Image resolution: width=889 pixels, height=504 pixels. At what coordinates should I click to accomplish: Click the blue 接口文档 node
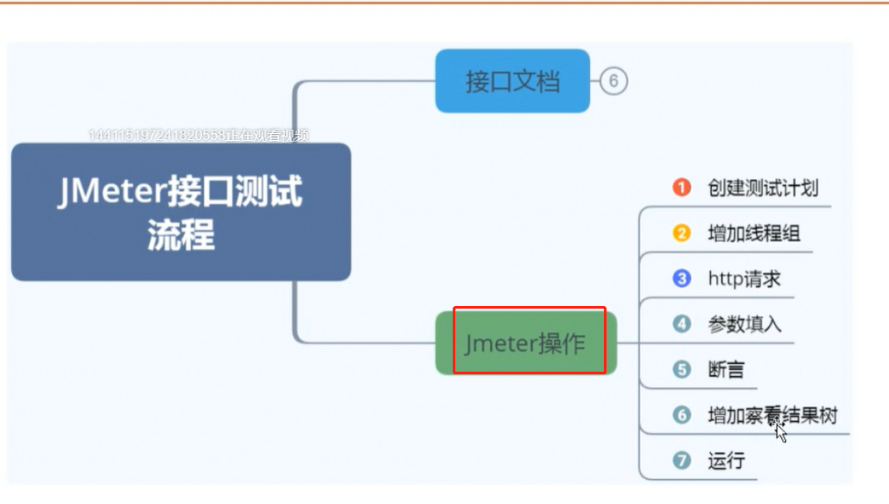click(512, 81)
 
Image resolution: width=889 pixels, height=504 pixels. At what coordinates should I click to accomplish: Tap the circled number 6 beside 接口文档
click(613, 81)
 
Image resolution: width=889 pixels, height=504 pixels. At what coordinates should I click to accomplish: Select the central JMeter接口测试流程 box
click(181, 212)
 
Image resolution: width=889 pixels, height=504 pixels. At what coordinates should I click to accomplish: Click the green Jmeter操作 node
click(526, 343)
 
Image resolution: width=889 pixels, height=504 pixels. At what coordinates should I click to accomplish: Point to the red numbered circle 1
click(683, 188)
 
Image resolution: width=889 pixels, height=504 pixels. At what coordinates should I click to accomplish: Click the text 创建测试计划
click(763, 188)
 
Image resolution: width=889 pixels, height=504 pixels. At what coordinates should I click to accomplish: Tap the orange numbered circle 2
click(683, 233)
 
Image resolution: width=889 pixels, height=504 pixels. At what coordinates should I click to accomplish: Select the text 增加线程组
click(748, 233)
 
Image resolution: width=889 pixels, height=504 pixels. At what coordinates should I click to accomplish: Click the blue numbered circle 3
click(683, 279)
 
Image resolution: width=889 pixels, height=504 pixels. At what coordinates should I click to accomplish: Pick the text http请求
click(744, 279)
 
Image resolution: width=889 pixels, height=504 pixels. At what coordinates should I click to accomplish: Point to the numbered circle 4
click(683, 324)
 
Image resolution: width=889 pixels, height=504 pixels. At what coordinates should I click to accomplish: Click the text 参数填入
click(744, 324)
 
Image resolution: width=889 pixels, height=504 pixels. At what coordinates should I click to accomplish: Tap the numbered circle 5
click(683, 370)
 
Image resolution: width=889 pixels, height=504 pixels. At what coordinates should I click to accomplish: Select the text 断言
click(726, 370)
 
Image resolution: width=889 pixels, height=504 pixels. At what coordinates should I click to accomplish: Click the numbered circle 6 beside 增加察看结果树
click(683, 415)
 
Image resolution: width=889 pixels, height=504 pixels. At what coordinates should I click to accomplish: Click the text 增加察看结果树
click(772, 415)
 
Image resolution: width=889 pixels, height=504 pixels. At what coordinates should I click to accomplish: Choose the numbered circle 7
click(683, 461)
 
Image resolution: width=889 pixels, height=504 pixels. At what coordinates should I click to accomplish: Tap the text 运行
click(726, 461)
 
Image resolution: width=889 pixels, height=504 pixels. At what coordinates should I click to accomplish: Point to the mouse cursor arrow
click(780, 431)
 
